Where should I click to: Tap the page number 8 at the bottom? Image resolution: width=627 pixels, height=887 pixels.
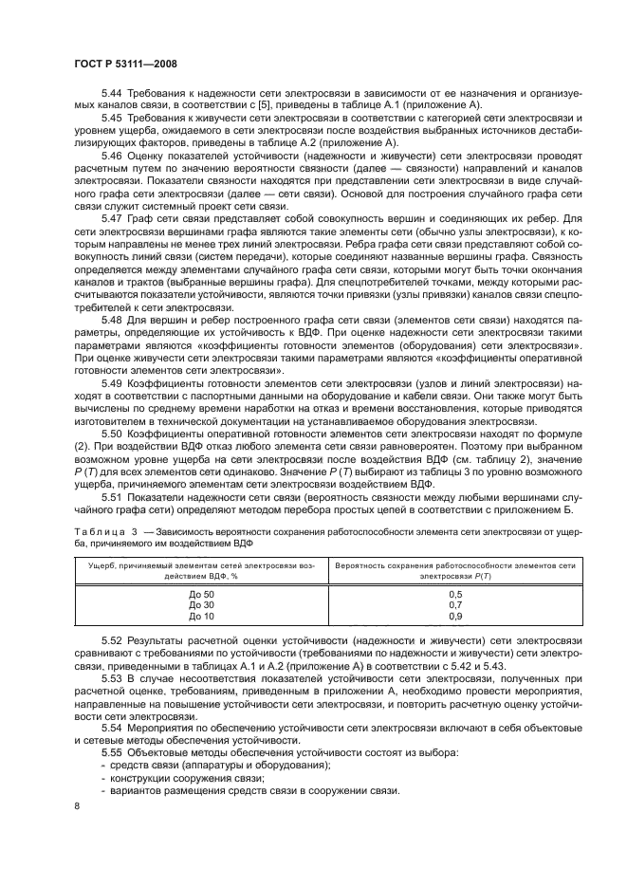[x=77, y=805]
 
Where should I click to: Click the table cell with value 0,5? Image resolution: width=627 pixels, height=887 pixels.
[x=453, y=593]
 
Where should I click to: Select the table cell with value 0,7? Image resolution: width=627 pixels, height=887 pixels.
[x=453, y=604]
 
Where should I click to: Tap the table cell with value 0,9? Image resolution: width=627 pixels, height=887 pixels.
[x=453, y=616]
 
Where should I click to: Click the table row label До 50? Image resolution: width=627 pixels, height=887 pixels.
[x=202, y=593]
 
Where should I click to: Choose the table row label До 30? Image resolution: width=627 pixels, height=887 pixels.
[x=202, y=604]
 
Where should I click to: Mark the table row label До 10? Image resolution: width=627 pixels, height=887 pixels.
[x=202, y=616]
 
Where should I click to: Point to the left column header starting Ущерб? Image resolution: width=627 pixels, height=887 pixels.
[x=201, y=569]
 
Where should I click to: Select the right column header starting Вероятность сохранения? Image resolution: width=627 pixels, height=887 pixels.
[x=453, y=569]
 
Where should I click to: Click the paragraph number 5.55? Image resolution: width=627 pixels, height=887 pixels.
[x=114, y=752]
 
